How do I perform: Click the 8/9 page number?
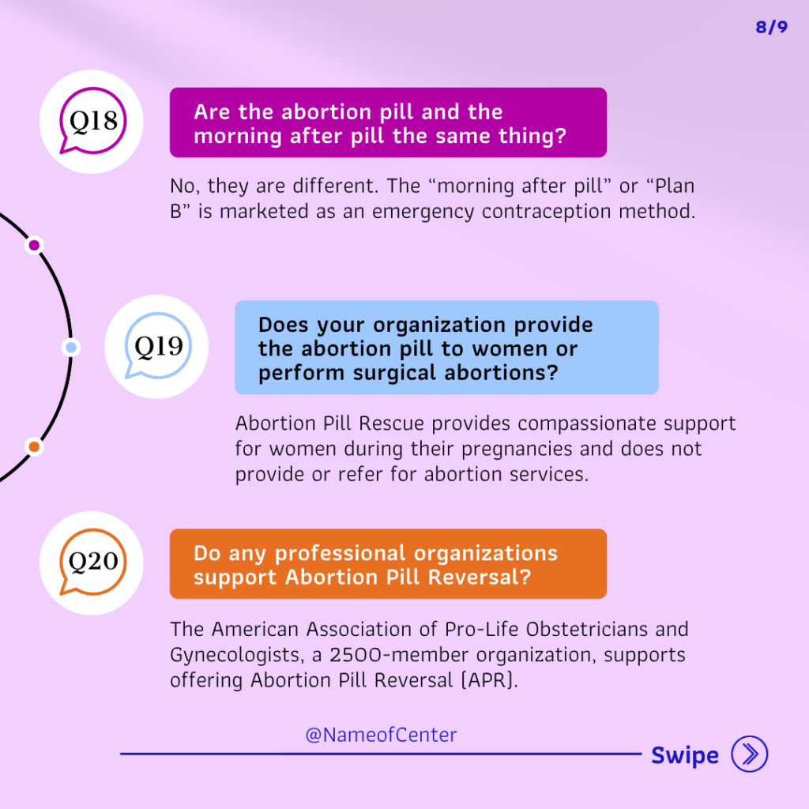771,27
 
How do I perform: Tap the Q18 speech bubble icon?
92,121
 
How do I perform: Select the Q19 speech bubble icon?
158,346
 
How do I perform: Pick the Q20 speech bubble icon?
93,562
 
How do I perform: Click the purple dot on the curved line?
34,245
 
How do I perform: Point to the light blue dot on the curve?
71,348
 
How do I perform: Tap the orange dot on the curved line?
34,446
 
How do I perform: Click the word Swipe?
685,756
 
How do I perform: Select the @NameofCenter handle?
382,735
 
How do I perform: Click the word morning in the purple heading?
238,136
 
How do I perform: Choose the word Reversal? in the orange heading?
480,577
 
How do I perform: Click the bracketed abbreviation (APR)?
489,680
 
